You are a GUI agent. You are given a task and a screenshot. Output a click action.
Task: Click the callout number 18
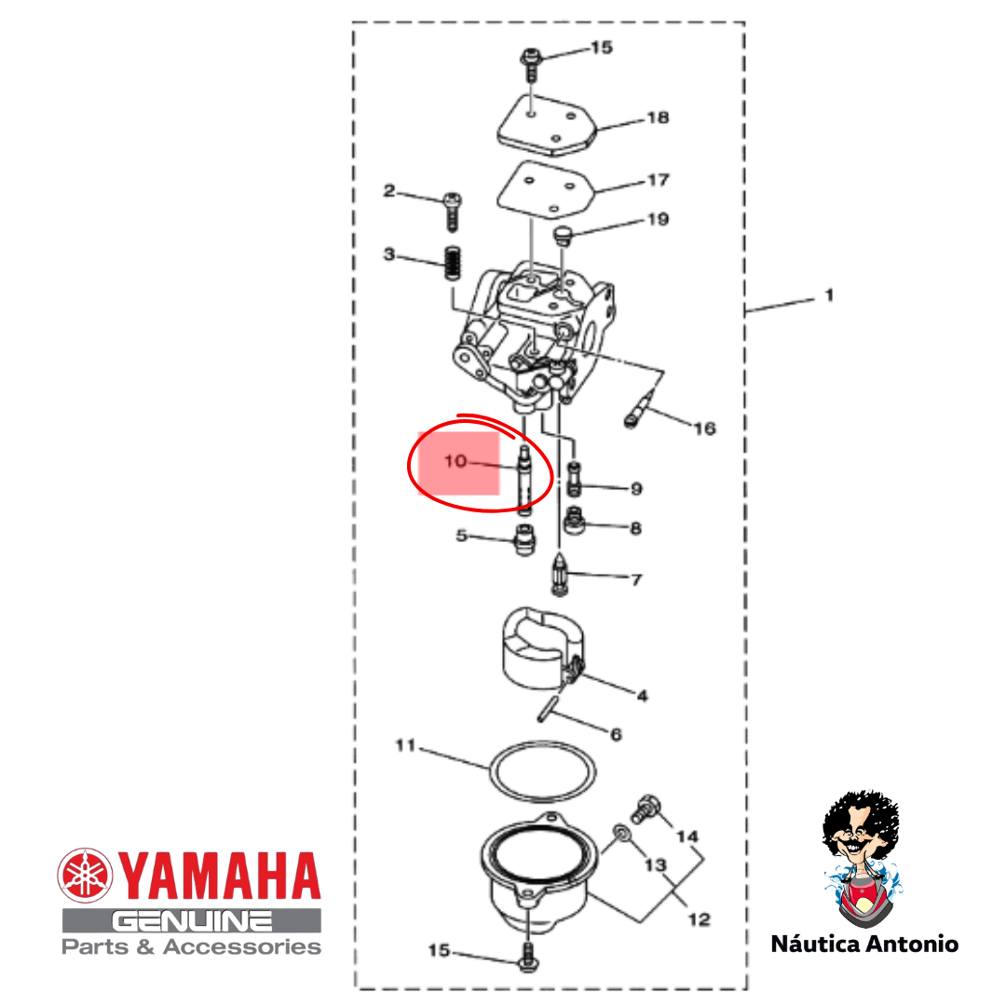pos(659,117)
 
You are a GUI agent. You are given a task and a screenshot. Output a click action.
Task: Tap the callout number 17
pos(659,181)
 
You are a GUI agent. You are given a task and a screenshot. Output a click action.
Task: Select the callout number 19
pos(659,220)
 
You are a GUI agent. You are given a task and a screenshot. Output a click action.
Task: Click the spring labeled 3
pos(454,263)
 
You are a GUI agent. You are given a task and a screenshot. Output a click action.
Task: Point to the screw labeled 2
pos(453,211)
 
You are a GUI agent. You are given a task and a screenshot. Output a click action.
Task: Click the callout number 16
pos(704,428)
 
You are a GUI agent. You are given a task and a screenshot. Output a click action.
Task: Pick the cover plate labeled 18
pos(547,126)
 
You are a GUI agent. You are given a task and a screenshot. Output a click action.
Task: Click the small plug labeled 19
pos(562,235)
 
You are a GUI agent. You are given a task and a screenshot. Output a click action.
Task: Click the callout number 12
pos(700,919)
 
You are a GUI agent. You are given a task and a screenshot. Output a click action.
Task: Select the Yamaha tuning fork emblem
pos(85,875)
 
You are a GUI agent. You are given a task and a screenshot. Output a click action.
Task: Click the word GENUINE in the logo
pos(192,921)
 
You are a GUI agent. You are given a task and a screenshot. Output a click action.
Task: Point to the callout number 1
pos(829,296)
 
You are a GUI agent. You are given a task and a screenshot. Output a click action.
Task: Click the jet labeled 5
pos(525,539)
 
